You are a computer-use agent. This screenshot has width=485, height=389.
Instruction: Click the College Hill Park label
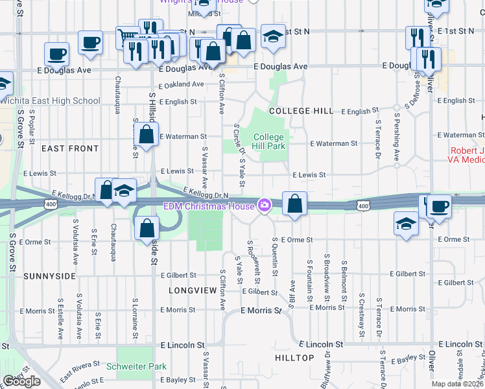(x=268, y=141)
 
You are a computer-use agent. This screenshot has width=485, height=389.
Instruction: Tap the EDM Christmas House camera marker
(x=264, y=206)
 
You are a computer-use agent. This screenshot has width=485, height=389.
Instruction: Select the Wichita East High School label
(x=51, y=100)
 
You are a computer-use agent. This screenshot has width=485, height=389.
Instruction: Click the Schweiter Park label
(x=141, y=366)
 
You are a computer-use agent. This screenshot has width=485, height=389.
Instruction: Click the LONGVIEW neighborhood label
(x=192, y=290)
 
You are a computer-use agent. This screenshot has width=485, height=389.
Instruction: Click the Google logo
(x=21, y=381)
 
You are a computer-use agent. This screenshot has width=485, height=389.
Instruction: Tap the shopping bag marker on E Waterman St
(x=147, y=136)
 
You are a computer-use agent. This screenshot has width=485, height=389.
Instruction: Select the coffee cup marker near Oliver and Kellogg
(x=439, y=207)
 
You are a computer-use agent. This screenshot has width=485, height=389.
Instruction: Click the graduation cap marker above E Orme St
(x=406, y=224)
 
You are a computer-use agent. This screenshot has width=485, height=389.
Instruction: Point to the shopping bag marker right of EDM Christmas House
(x=294, y=204)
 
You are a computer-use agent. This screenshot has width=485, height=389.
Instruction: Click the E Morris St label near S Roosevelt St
(x=262, y=311)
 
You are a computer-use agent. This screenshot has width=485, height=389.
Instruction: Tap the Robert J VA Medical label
(x=467, y=156)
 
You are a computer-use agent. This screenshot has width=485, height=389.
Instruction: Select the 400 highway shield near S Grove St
(x=50, y=205)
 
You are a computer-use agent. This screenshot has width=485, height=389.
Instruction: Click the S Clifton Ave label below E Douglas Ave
(x=222, y=94)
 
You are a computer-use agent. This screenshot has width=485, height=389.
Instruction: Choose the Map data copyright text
(x=458, y=384)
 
